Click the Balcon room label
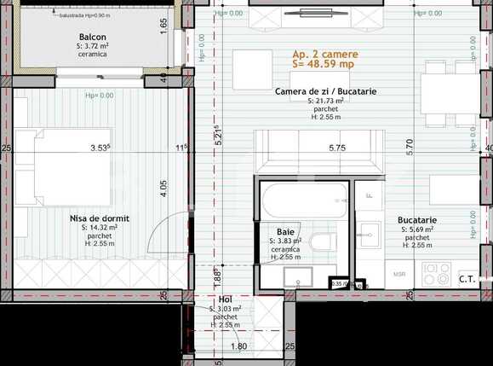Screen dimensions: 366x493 click(x=92, y=37)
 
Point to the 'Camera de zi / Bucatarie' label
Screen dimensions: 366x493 click(x=325, y=91)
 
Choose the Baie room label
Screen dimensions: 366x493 click(x=285, y=231)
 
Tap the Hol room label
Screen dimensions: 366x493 click(x=225, y=299)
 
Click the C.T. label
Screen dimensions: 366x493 click(x=467, y=278)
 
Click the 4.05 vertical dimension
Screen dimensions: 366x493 click(x=163, y=183)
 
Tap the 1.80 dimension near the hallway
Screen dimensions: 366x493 click(x=239, y=346)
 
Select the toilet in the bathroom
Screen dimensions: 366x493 click(x=324, y=242)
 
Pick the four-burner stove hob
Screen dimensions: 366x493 click(x=437, y=272)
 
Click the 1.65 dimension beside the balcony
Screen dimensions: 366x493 click(x=163, y=25)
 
